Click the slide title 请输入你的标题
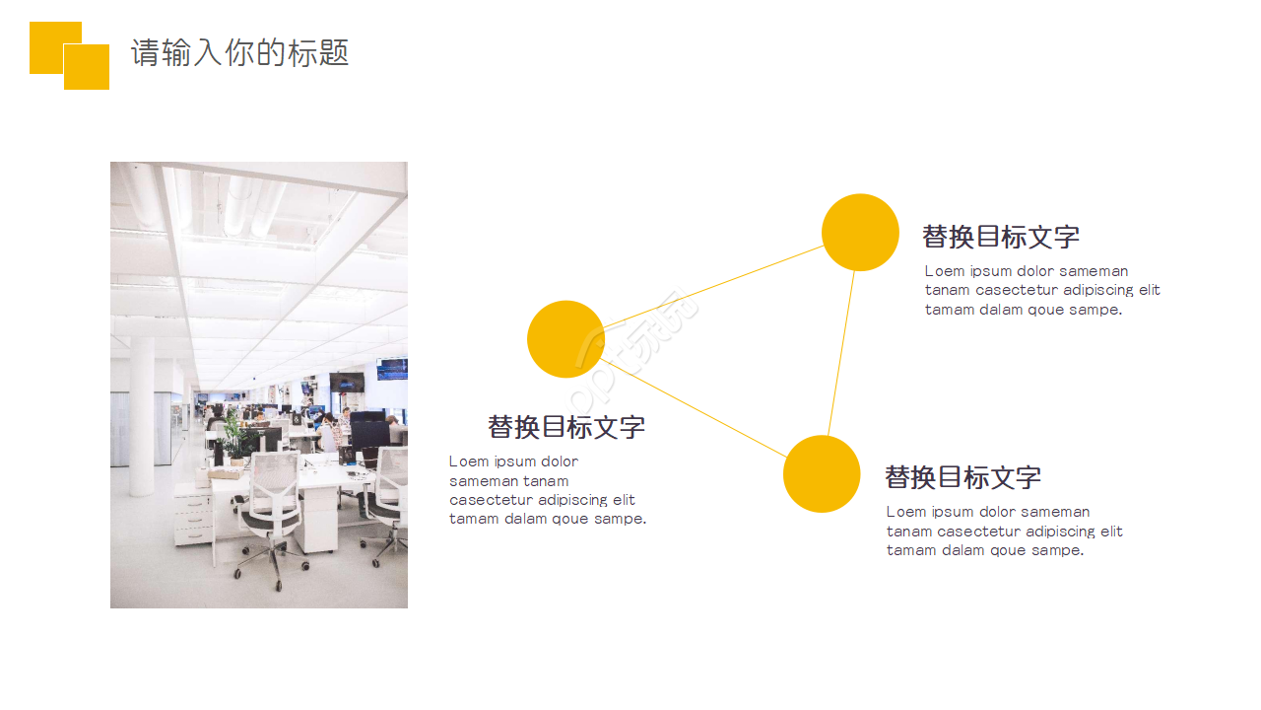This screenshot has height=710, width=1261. pyautogui.click(x=239, y=52)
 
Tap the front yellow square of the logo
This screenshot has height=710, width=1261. pyautogui.click(x=87, y=67)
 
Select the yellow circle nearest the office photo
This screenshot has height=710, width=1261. pyautogui.click(x=565, y=339)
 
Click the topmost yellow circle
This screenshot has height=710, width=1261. pyautogui.click(x=860, y=233)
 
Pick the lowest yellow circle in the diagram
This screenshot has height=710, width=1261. pyautogui.click(x=822, y=474)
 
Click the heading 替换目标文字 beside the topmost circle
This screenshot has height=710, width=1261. pyautogui.click(x=1001, y=237)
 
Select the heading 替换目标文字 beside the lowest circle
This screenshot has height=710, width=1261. pyautogui.click(x=962, y=477)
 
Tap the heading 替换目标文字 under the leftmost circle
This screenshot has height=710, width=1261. pyautogui.click(x=566, y=427)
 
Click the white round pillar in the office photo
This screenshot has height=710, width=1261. pyautogui.click(x=142, y=414)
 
